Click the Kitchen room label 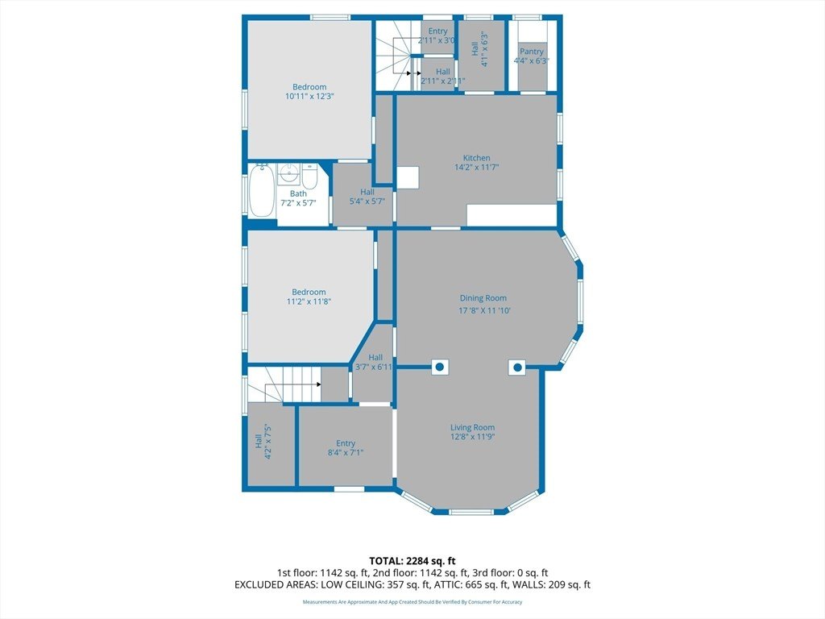click(x=477, y=158)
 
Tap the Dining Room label click(x=483, y=298)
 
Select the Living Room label click(x=472, y=427)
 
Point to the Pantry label click(x=532, y=52)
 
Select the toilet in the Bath click(x=309, y=177)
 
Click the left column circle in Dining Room click(x=441, y=367)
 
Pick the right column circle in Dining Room click(x=517, y=367)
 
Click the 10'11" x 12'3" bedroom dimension click(x=310, y=97)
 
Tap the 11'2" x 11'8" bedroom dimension click(x=309, y=301)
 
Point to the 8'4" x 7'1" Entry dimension click(x=346, y=452)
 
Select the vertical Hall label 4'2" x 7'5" click(x=263, y=442)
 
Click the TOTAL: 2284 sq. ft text click(x=412, y=561)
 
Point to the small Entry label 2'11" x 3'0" click(x=437, y=31)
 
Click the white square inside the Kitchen click(x=408, y=177)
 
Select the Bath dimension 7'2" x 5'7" click(x=298, y=202)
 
